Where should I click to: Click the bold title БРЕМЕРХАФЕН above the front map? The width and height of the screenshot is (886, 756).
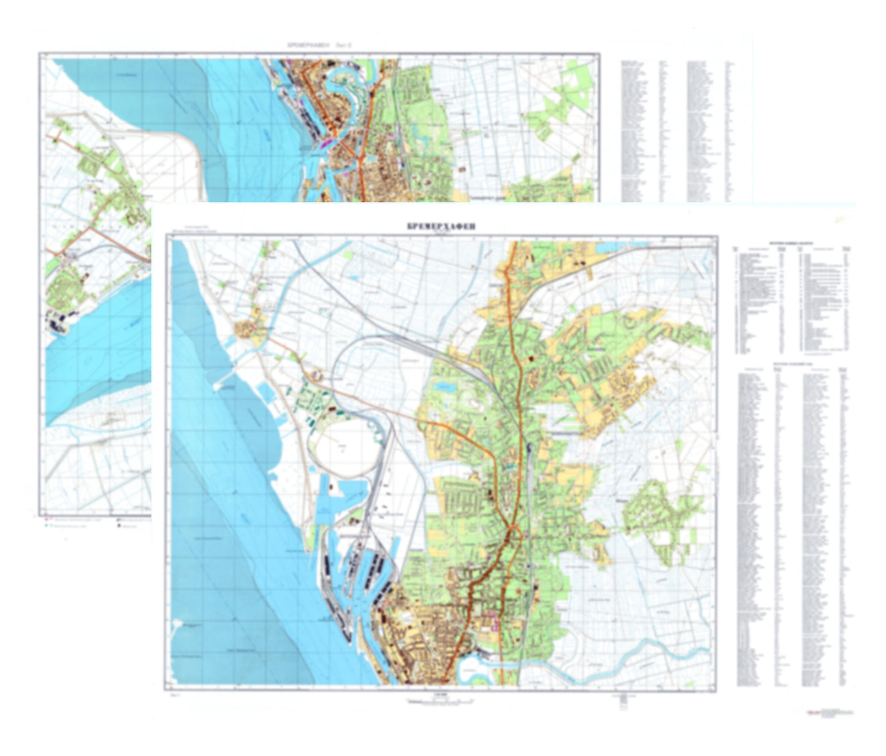pyautogui.click(x=441, y=226)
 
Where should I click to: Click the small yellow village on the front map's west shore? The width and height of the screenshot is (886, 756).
pyautogui.click(x=248, y=328)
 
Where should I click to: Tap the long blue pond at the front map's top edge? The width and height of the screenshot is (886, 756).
pyautogui.click(x=622, y=245)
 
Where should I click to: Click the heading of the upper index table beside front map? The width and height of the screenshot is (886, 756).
pyautogui.click(x=791, y=243)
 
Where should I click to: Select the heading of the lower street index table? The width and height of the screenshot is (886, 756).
pyautogui.click(x=791, y=363)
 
